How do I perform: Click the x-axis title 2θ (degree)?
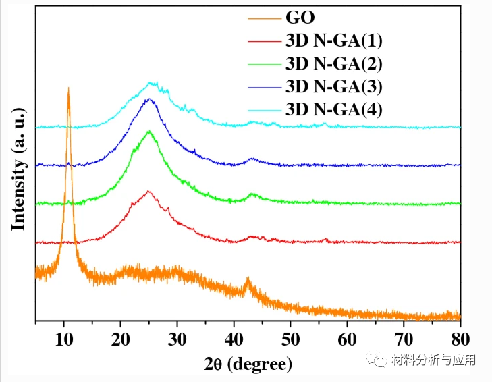click(248, 364)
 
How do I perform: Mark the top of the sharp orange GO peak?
click(68, 88)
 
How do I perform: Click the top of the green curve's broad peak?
click(149, 131)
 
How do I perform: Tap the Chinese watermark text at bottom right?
click(433, 360)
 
